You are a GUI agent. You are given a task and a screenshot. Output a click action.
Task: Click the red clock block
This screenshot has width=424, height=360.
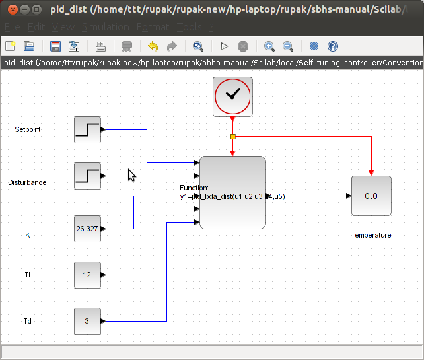point(232,96)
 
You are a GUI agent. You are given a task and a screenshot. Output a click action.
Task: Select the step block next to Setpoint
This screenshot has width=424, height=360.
point(87,129)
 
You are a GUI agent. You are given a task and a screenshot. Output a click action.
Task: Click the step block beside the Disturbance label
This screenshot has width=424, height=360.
point(87,176)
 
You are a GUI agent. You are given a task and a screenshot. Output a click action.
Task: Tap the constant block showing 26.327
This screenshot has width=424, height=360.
point(87,229)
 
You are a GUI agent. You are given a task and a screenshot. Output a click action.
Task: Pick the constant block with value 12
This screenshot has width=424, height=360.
point(87,275)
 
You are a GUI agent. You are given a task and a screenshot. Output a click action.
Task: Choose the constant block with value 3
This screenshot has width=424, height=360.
point(87,321)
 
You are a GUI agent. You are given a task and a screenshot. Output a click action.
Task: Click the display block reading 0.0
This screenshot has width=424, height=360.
point(371,196)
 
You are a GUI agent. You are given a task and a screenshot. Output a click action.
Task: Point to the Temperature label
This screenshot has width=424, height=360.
point(371,235)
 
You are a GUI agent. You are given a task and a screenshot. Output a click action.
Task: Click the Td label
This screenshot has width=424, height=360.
point(28,322)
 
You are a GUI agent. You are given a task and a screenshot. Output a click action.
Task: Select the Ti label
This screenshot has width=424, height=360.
point(28,275)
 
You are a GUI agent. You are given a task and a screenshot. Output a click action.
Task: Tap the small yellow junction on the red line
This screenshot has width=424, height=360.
point(232,137)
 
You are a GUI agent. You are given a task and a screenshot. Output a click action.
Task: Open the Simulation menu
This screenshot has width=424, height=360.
point(106,27)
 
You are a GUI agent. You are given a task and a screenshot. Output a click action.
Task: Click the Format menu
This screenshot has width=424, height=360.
point(153,27)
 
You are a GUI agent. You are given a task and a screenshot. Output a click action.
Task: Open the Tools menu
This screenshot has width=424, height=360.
point(190,27)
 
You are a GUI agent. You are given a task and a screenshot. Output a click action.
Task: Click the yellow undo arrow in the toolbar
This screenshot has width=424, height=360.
point(153,46)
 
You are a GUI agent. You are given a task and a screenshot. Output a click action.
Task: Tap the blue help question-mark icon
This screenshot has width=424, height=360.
point(333,46)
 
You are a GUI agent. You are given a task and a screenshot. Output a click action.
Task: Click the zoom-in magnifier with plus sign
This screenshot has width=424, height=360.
point(269,46)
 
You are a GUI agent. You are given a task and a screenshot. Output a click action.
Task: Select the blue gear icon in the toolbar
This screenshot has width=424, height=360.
point(314,46)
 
